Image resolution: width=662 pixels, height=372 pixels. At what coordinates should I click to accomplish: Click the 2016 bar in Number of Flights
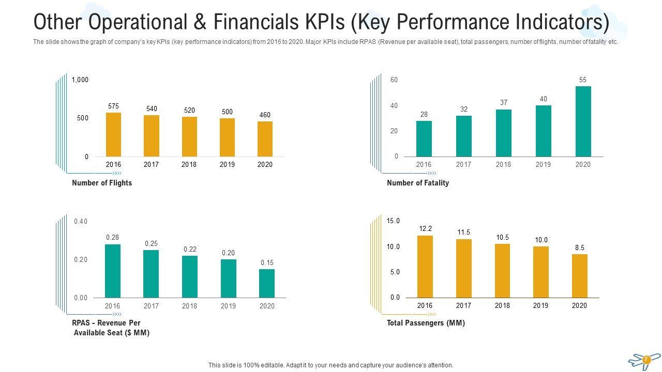tap(113, 134)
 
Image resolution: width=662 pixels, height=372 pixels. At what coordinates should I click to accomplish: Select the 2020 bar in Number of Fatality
tap(583, 121)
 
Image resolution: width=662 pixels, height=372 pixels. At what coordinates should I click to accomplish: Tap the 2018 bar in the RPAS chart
tap(190, 276)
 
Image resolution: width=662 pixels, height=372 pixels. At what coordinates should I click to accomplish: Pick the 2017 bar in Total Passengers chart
tap(464, 268)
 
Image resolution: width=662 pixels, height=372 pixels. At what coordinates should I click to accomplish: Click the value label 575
tap(113, 106)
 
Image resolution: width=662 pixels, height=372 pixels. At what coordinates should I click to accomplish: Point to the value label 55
tap(583, 80)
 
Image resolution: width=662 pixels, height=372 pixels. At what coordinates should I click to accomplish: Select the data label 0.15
tap(267, 263)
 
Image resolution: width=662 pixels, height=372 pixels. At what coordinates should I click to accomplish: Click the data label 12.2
tap(425, 229)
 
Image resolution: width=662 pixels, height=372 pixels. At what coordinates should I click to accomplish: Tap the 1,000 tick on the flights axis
tap(80, 80)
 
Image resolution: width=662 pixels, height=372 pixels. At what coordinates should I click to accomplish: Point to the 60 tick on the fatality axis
tap(394, 80)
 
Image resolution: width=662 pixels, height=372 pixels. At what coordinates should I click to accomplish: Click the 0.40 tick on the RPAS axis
tap(81, 222)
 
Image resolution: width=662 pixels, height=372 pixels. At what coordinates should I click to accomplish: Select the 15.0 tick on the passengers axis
tap(393, 221)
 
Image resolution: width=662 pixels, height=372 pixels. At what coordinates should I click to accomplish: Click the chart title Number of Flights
tap(102, 183)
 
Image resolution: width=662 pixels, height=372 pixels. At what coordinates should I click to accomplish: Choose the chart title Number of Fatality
tap(418, 183)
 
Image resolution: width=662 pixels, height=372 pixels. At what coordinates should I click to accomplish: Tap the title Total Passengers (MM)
tap(426, 323)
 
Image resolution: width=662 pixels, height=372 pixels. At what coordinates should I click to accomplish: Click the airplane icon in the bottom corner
tap(644, 360)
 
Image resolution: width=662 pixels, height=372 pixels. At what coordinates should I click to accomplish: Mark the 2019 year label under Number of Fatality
tap(543, 165)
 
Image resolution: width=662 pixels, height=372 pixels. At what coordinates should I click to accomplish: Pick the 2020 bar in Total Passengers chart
tap(580, 276)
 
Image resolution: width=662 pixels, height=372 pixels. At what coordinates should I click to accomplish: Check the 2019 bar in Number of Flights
tap(227, 137)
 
